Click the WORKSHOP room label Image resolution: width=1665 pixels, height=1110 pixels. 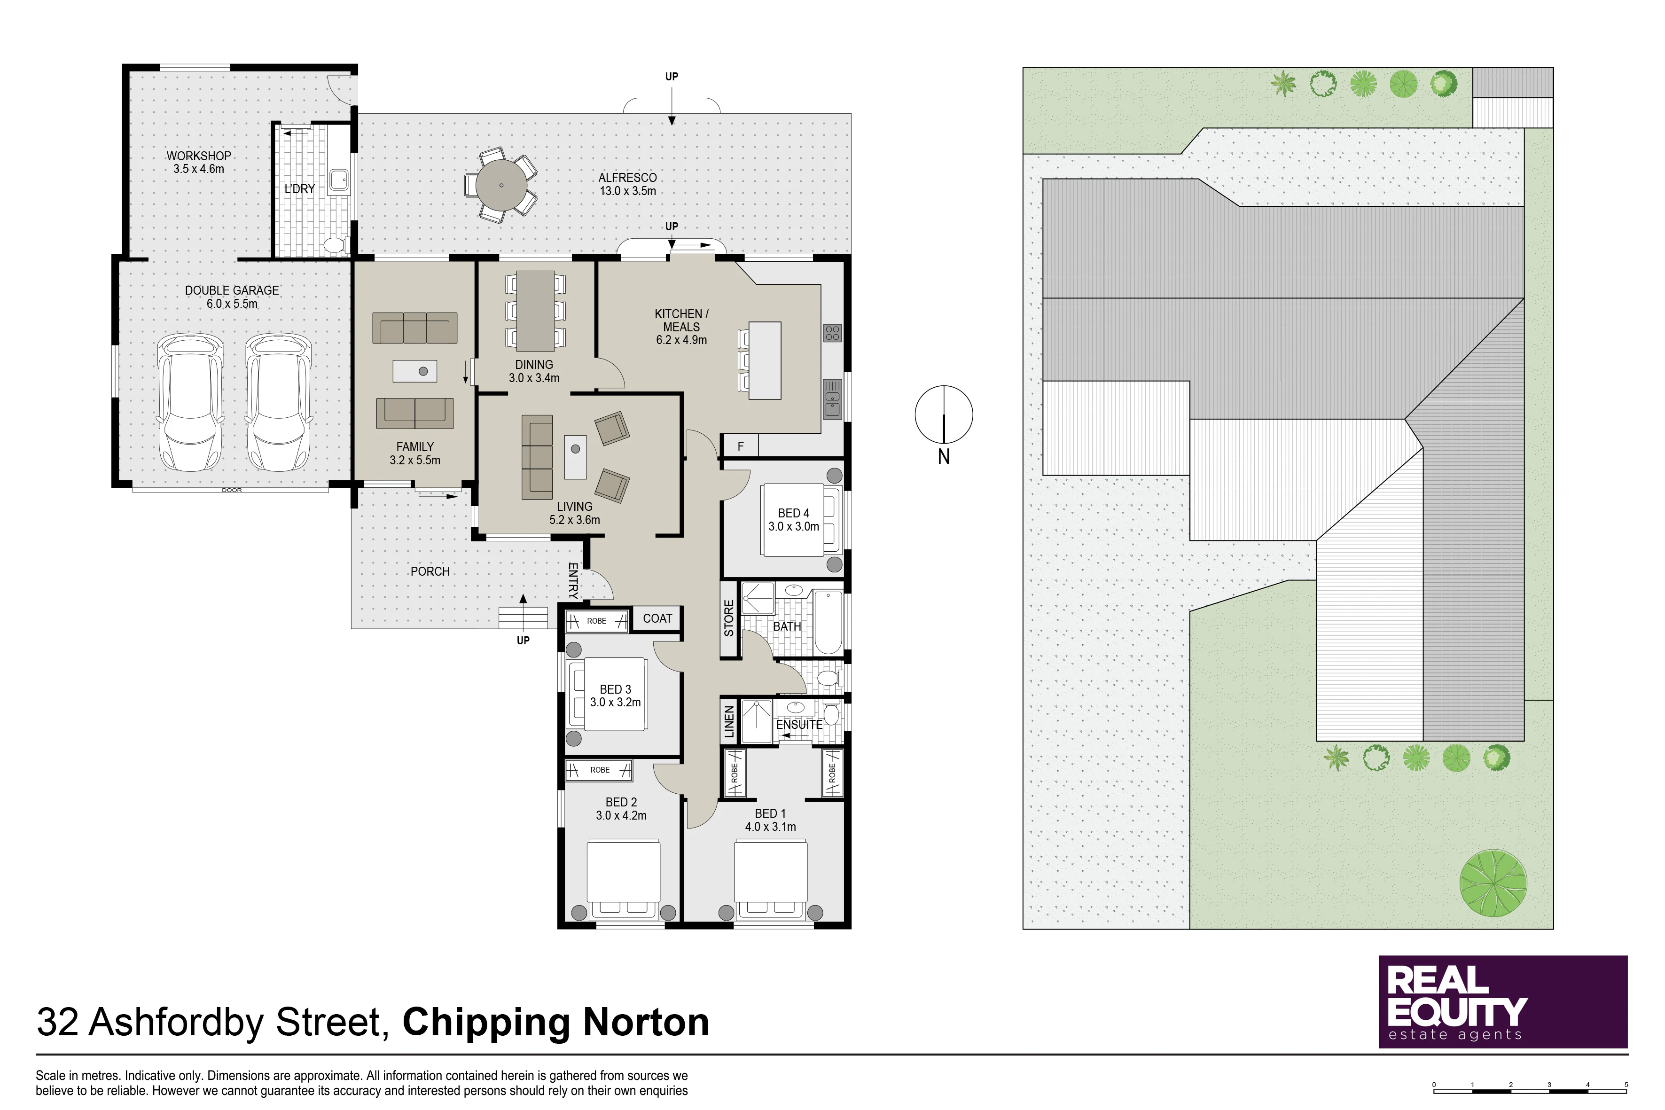click(x=199, y=156)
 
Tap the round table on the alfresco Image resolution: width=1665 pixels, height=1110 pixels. click(x=501, y=186)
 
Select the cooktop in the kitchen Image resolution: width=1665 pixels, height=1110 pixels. click(x=833, y=333)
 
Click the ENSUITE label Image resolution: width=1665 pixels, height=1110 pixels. click(x=799, y=725)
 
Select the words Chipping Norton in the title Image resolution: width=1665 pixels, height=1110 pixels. click(x=556, y=1022)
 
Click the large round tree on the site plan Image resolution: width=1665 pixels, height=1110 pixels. click(x=1493, y=883)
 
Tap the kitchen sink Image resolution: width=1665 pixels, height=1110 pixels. click(x=833, y=400)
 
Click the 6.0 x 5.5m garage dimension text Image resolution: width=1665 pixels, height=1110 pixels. click(x=232, y=304)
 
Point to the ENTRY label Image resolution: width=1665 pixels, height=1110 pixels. click(x=573, y=581)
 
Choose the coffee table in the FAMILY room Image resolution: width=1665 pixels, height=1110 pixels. click(x=415, y=371)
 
